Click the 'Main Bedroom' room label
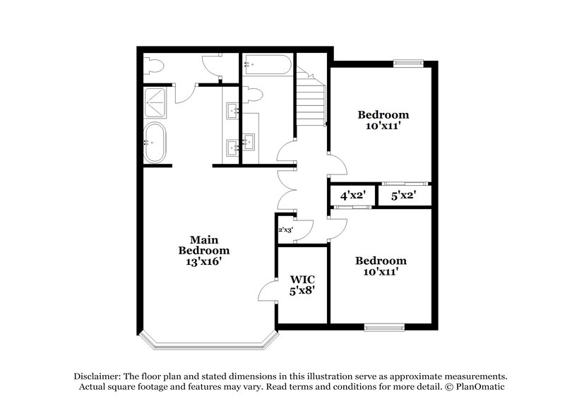[x=203, y=244]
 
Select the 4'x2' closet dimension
[x=352, y=195]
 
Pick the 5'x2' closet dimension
[x=403, y=195]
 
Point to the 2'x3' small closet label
[x=285, y=230]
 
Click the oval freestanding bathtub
[x=155, y=143]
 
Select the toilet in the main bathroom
[x=154, y=66]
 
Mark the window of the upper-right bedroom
[x=408, y=61]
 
